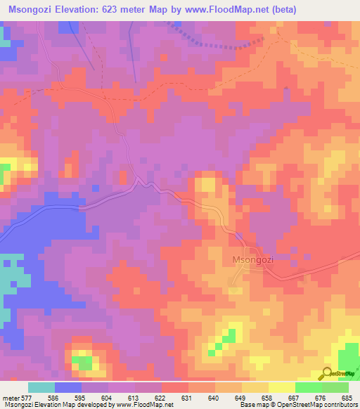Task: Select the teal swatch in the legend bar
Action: coord(41,387)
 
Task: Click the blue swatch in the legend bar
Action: coord(68,387)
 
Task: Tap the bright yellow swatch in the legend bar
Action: coord(281,387)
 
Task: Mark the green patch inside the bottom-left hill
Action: coord(85,363)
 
